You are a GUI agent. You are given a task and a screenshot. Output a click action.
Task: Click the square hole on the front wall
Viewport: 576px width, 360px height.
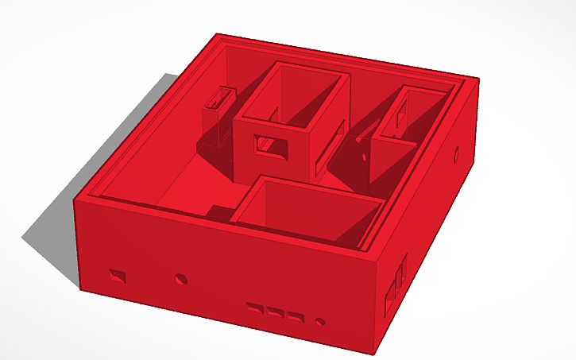pyautogui.click(x=118, y=277)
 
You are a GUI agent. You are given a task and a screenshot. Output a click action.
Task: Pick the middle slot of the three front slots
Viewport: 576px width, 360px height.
pyautogui.click(x=276, y=312)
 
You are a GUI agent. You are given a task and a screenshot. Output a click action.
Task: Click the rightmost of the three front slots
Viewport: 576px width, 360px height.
pyautogui.click(x=296, y=316)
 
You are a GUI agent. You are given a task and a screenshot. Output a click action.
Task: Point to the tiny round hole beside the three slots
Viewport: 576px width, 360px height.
pyautogui.click(x=320, y=323)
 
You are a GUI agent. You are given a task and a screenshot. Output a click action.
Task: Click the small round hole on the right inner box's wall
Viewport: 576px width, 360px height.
pyautogui.click(x=365, y=157)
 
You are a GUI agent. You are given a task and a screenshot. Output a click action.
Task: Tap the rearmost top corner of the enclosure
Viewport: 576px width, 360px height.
pyautogui.click(x=219, y=34)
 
